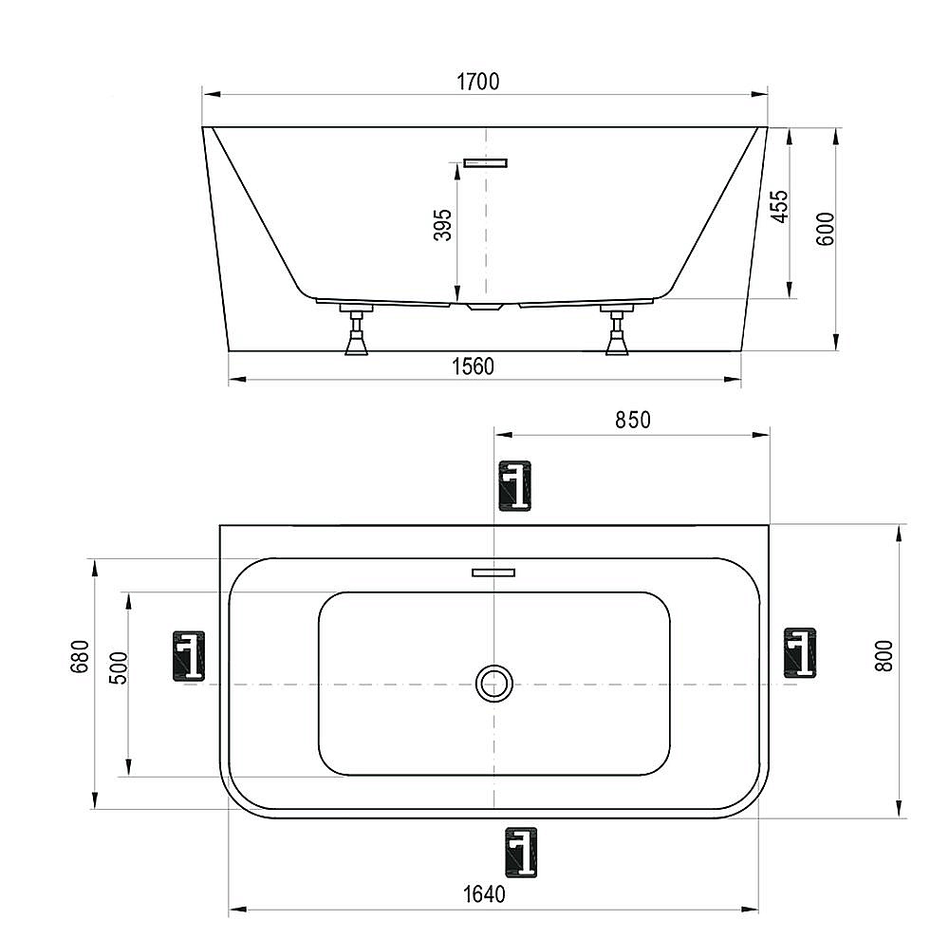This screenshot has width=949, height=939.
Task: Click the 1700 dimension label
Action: point(477,82)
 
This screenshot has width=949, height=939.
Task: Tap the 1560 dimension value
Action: point(472,366)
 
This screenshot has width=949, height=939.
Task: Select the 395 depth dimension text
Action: point(442,225)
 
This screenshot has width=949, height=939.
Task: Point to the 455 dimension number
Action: point(778,207)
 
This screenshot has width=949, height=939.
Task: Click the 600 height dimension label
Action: point(825,229)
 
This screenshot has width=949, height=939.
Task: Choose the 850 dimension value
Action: point(632,419)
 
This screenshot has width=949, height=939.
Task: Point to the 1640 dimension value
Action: point(484,893)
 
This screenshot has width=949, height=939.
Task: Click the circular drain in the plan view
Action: point(493,683)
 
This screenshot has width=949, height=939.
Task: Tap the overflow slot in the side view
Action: point(485,162)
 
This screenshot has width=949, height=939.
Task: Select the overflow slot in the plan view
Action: point(493,572)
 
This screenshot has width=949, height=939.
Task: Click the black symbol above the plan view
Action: point(515,487)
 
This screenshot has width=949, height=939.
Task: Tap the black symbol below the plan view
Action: point(521,851)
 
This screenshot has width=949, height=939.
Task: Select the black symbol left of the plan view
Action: point(189,656)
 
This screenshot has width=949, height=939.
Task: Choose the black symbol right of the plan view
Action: point(800,652)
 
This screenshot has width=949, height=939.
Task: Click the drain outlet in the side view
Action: point(485,306)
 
